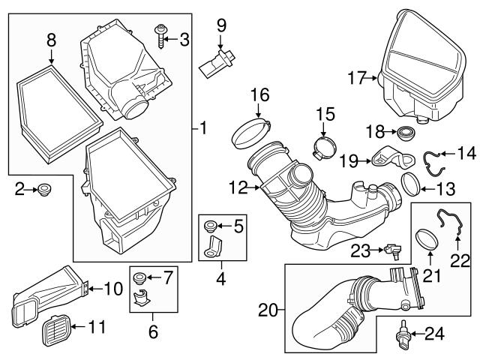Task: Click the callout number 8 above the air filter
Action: point(51,38)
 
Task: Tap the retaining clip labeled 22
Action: point(452,224)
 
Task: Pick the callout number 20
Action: point(267,308)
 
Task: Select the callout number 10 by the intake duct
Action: point(112,287)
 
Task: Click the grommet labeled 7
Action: point(138,279)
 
